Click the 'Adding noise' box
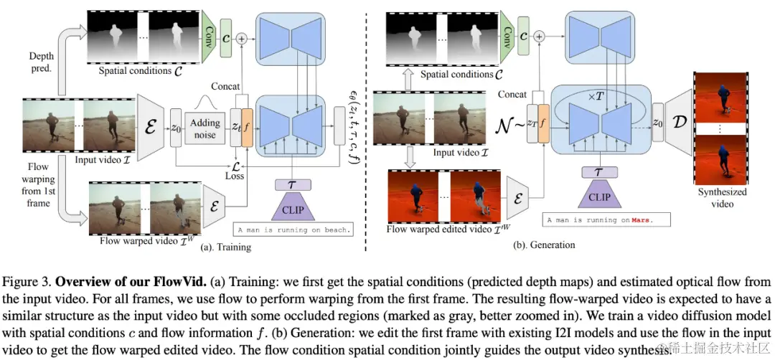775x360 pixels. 205,128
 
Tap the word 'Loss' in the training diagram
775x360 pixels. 234,175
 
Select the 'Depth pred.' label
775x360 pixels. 42,62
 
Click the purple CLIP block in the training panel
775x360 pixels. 292,207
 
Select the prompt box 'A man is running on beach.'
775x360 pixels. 293,230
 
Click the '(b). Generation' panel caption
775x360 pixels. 545,245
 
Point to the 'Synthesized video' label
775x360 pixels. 722,197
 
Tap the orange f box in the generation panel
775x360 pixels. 543,122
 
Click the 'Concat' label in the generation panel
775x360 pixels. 512,94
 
